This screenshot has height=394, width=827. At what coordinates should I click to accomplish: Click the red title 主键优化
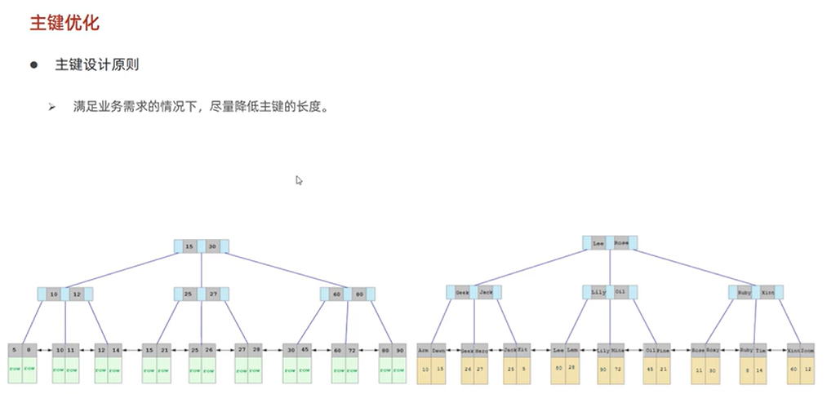coord(64,23)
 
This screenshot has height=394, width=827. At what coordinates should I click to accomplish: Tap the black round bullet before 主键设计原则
coord(34,64)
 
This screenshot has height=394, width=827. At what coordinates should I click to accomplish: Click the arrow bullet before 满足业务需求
coord(51,107)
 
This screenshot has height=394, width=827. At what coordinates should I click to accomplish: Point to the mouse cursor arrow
coord(299,180)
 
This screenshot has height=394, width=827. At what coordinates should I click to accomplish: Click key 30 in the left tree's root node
coord(212,246)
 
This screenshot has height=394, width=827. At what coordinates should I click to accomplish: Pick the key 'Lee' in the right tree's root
coord(598,243)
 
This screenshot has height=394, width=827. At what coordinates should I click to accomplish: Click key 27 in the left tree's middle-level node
coord(212,294)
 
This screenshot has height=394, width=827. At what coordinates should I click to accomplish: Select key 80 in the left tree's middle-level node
coord(359,294)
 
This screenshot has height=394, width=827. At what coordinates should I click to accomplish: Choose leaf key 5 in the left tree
coord(15,350)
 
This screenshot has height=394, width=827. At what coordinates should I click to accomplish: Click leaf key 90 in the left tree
coord(399,350)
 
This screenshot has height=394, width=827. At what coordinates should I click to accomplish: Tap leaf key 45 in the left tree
coord(305,350)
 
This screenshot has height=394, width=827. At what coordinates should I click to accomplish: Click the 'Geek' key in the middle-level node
coord(462,292)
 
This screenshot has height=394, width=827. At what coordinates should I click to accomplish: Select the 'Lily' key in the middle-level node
coord(598,292)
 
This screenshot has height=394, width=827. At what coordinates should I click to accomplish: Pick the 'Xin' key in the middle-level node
coord(767,292)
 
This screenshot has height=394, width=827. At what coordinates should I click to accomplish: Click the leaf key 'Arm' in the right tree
coord(424,350)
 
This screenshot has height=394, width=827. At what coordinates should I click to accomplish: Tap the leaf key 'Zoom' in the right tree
coord(807,350)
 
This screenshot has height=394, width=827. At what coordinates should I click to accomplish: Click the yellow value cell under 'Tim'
coord(759,370)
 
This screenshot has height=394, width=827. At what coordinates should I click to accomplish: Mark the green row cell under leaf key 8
coord(28,370)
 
